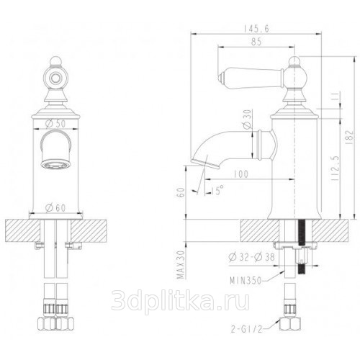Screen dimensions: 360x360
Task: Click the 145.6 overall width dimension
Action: click(x=256, y=29)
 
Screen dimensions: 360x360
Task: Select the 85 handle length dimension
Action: click(x=256, y=42)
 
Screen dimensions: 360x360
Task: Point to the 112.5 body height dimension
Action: click(x=336, y=168)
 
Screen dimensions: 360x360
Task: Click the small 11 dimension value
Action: click(x=336, y=96)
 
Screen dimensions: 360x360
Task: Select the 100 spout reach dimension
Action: click(x=240, y=174)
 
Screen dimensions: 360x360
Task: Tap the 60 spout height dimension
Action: click(x=181, y=192)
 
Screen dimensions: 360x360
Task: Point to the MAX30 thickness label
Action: click(x=181, y=265)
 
